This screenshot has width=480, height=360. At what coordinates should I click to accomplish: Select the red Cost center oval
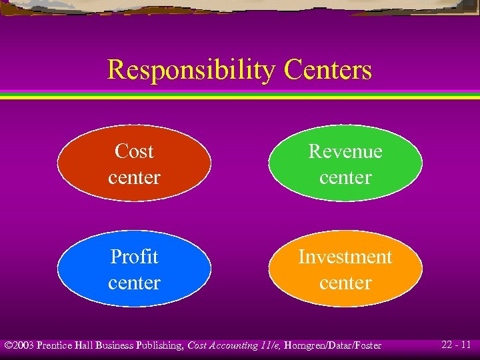[134, 163]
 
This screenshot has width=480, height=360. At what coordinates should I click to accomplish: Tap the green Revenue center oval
[345, 163]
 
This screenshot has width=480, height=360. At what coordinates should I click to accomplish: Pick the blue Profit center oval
[134, 269]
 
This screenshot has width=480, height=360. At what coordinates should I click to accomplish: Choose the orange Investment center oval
[345, 269]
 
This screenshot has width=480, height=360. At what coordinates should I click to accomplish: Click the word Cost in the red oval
[134, 151]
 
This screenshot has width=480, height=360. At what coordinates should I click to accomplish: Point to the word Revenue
[345, 151]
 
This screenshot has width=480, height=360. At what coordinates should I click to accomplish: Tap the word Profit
[134, 257]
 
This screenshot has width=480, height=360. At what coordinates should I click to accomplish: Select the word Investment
[345, 257]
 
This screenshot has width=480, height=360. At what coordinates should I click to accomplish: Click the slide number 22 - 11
[457, 345]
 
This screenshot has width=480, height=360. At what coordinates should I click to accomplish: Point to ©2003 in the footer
[19, 345]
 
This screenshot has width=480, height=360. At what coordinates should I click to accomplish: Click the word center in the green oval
[345, 177]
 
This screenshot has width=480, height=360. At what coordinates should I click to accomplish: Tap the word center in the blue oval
[134, 283]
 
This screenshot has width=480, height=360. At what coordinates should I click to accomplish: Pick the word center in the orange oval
[345, 283]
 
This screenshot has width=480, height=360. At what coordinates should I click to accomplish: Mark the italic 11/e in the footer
[269, 345]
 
